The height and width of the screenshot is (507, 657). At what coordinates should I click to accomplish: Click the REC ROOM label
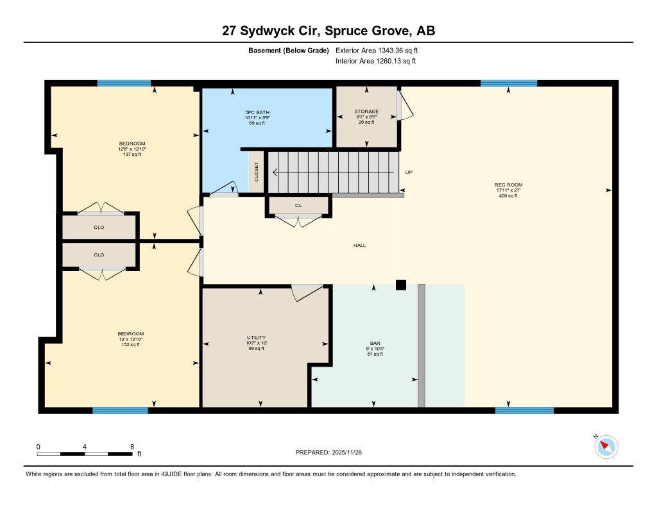tap(508, 185)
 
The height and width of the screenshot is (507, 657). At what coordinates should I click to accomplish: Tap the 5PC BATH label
tap(257, 112)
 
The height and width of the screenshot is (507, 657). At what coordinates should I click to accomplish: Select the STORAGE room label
tap(366, 112)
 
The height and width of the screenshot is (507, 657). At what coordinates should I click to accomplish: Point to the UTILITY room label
tap(256, 337)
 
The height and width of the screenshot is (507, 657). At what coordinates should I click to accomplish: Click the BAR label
tap(375, 343)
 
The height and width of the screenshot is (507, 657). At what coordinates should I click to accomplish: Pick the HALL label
tap(359, 245)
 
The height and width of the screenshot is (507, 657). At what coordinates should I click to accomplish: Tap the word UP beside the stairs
tap(409, 172)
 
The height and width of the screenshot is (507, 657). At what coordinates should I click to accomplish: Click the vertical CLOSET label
tap(257, 172)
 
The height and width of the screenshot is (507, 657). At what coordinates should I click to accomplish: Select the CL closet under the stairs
tap(298, 206)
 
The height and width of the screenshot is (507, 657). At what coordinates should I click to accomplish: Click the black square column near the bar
tap(401, 285)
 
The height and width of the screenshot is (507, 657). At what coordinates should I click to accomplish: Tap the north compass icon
tap(606, 447)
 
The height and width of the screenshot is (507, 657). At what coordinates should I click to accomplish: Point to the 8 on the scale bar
tap(132, 447)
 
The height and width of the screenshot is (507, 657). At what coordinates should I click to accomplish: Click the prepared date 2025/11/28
tap(347, 452)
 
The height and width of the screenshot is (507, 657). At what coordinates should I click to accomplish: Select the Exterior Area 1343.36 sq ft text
tap(377, 50)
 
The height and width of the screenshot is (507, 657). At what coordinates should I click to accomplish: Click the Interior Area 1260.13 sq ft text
tap(376, 61)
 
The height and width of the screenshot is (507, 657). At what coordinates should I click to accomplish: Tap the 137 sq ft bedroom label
tap(132, 154)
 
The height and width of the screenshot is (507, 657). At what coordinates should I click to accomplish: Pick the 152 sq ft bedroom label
tap(131, 345)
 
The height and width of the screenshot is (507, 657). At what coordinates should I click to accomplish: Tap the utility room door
tap(307, 292)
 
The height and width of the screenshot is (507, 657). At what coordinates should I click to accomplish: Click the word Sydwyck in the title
tap(280, 31)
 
